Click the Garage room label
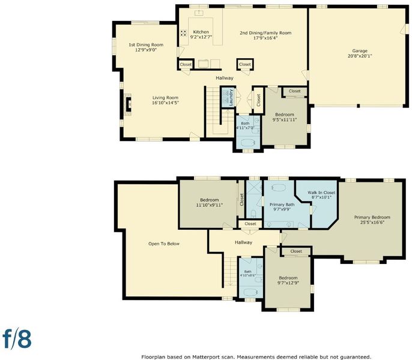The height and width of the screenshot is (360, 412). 360,50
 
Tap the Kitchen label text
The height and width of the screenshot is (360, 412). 201,32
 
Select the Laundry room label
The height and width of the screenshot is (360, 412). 231,97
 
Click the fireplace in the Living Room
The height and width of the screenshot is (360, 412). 128,104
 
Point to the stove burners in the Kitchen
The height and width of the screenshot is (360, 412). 183,33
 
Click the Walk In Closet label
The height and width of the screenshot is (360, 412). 321,193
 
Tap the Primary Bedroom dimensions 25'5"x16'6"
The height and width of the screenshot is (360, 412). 372,223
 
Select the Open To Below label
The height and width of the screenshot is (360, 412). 164,244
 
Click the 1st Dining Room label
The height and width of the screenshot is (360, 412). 146,44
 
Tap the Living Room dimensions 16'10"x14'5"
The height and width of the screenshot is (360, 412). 165,103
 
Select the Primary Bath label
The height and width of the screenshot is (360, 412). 282,205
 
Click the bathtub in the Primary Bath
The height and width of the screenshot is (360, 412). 278,187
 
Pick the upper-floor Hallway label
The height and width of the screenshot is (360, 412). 243,242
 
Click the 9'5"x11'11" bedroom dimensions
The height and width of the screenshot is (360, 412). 285,120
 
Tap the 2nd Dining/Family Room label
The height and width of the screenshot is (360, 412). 265,33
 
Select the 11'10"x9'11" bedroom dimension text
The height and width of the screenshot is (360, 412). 210,205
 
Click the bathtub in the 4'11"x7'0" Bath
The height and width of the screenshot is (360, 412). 248,143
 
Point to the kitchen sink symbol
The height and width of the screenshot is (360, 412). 199,13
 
